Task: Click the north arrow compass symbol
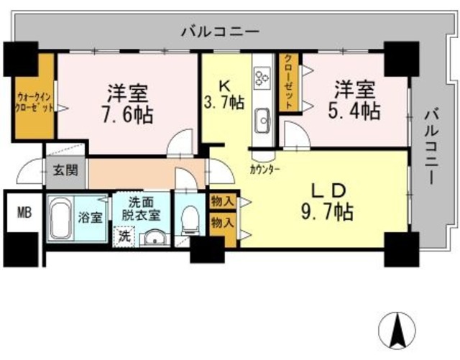[x=397, y=330]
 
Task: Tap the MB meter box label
[x=24, y=213]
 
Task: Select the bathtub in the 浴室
[x=61, y=218]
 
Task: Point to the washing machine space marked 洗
[x=124, y=237]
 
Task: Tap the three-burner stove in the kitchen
[x=262, y=77]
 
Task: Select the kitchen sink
[x=262, y=120]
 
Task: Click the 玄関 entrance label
[x=65, y=170]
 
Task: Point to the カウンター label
[x=265, y=169]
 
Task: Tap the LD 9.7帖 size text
[x=328, y=203]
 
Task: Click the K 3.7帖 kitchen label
[x=224, y=95]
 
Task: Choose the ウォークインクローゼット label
[x=34, y=102]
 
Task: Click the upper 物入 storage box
[x=224, y=202]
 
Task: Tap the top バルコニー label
[x=220, y=31]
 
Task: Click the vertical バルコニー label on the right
[x=431, y=146]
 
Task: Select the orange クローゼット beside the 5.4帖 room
[x=289, y=83]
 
